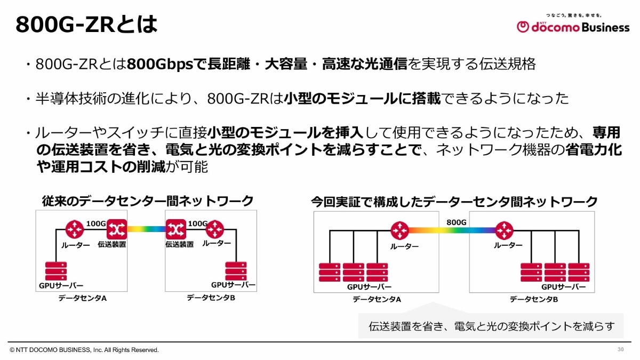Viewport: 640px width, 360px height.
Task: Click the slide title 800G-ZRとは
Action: (x=86, y=25)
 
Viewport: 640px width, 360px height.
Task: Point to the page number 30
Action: (x=620, y=349)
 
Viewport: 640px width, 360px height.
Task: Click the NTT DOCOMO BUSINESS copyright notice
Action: (x=84, y=350)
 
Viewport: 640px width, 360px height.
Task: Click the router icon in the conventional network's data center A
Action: (x=75, y=229)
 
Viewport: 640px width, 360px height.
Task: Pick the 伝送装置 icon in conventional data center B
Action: (x=175, y=229)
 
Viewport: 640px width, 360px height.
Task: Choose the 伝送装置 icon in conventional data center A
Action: (x=116, y=229)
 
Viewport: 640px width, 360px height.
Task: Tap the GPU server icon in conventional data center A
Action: (x=56, y=271)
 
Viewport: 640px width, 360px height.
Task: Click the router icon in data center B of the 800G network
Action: (x=503, y=230)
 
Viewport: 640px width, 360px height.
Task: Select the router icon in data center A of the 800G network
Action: (x=399, y=230)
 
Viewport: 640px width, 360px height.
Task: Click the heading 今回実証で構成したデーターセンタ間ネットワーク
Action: (x=454, y=202)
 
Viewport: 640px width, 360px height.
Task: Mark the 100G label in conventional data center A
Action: (x=96, y=223)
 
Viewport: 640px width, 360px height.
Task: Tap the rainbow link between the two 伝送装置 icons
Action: (x=146, y=229)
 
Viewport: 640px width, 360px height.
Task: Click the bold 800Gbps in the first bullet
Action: (x=159, y=65)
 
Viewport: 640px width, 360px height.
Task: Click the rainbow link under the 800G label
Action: (x=451, y=231)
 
